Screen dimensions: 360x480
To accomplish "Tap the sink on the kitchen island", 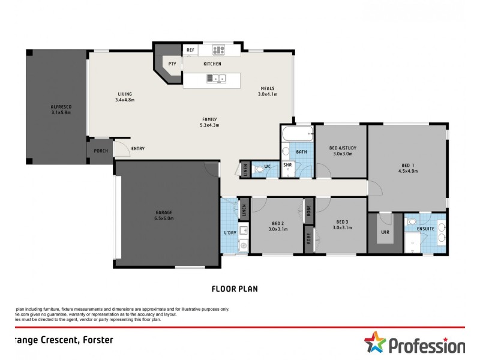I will [215, 77].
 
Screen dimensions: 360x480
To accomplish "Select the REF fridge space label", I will [191, 50].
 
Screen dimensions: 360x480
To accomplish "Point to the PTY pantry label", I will [172, 64].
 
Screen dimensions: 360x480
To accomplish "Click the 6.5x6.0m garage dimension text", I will [164, 218].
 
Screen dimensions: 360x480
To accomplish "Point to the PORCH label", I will [101, 151].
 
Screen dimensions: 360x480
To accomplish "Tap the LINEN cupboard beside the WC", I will [245, 169].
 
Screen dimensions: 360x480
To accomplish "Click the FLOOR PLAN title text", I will [235, 289].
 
